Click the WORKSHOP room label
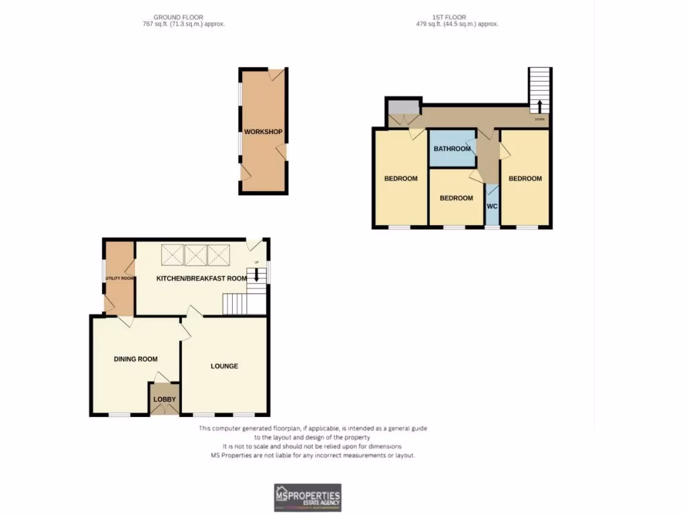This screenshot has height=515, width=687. pos(263,131)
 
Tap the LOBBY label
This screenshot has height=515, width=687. pos(164,400)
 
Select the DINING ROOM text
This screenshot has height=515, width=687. pos(136,359)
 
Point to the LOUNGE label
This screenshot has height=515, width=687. pos(224,366)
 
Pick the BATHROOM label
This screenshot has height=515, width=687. pos(452,149)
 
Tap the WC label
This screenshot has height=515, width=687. pos(492,206)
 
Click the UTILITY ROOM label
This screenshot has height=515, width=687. pos(119,278)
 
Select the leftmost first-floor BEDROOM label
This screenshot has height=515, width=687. pos(401,178)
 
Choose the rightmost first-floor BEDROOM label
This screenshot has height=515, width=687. pos(525,178)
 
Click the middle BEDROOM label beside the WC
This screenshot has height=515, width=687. pos(456,198)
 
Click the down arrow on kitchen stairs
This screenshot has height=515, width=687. pos(256,275)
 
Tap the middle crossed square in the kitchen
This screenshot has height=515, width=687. pos(196,255)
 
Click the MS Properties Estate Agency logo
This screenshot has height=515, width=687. pos(307,498)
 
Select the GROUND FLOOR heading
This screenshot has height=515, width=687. pos(178,17)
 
